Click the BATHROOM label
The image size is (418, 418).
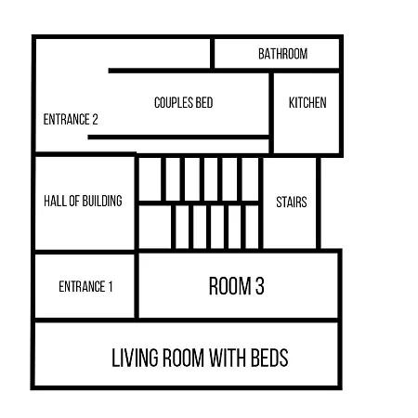283,54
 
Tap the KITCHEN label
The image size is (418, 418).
307,102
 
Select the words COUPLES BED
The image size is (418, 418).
184,102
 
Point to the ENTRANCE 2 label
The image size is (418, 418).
71,119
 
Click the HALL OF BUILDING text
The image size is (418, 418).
83,201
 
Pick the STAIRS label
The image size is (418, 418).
292,202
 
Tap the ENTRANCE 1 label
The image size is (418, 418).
85,286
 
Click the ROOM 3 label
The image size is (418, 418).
237,286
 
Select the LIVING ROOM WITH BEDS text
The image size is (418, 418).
200,358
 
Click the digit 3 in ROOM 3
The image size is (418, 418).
260,286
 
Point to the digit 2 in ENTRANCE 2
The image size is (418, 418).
95,119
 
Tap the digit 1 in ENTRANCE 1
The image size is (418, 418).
111,286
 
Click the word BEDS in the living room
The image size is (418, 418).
269,358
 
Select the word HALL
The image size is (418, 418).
55,201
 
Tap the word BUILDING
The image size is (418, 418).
102,201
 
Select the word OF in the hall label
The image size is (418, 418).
74,201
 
